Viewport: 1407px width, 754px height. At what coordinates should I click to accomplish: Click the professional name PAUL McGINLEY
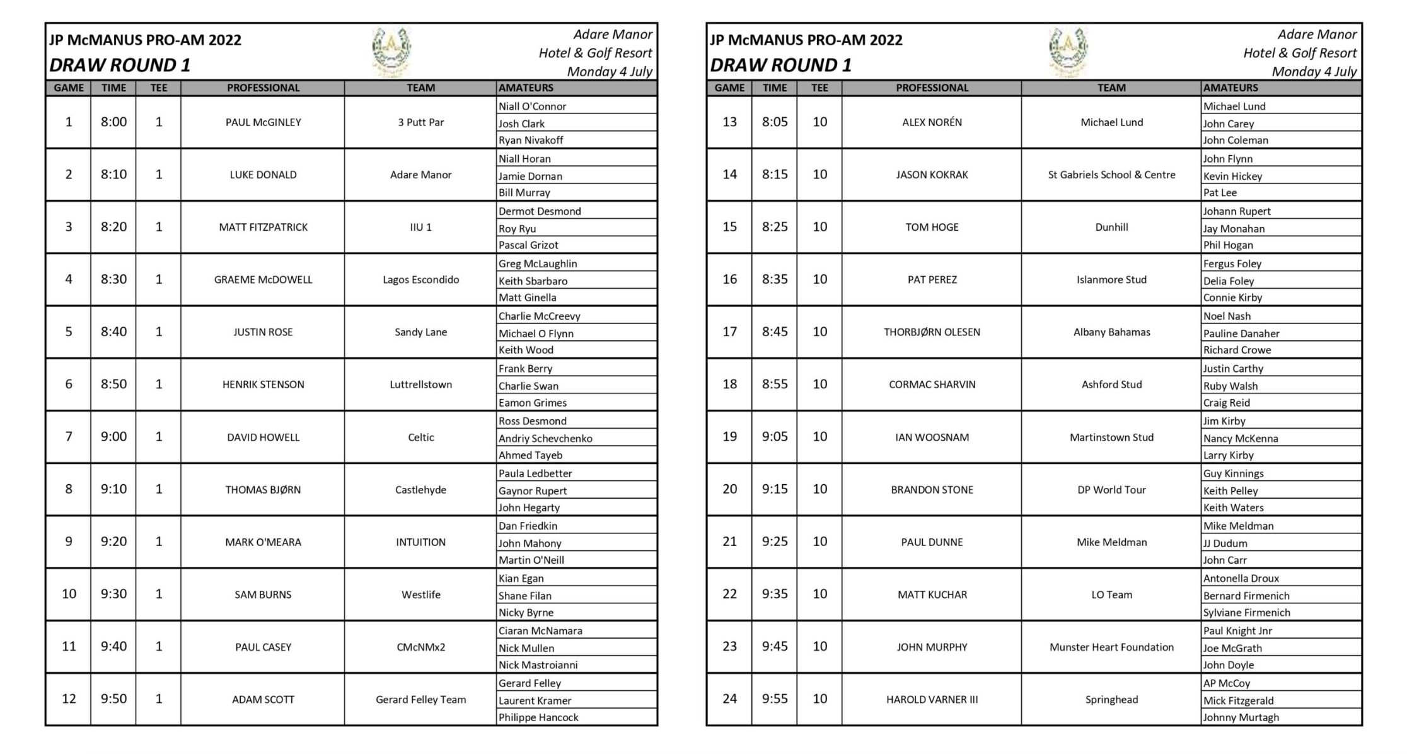(x=263, y=122)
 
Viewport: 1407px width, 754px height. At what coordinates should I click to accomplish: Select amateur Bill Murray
(x=524, y=193)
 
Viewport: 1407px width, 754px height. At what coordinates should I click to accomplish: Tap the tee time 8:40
(x=113, y=332)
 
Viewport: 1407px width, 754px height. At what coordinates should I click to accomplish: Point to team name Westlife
(x=420, y=594)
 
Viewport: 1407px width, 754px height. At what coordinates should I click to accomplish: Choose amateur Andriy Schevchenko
(x=545, y=438)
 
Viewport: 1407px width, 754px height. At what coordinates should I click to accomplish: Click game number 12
(x=69, y=699)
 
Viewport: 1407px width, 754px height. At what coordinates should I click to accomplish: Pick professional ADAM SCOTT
(x=263, y=699)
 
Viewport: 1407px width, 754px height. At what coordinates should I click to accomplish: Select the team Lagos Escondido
(x=420, y=280)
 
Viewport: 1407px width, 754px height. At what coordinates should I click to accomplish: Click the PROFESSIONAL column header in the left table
(x=263, y=88)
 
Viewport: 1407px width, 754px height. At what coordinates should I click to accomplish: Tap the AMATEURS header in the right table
(x=1230, y=88)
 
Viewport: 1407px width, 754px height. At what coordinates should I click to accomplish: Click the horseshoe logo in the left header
(x=391, y=50)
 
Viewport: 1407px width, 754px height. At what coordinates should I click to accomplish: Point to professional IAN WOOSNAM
(x=932, y=438)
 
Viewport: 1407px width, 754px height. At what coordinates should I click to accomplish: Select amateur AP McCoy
(x=1226, y=683)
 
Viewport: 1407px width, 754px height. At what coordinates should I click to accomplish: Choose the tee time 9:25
(x=774, y=542)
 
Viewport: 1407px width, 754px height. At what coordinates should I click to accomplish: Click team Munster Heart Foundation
(x=1111, y=647)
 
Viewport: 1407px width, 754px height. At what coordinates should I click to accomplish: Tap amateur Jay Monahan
(x=1234, y=228)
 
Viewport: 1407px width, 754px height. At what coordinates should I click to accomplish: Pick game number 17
(x=729, y=332)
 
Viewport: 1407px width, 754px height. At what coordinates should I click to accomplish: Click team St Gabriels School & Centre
(x=1111, y=175)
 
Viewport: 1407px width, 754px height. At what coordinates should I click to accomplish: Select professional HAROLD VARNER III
(x=932, y=699)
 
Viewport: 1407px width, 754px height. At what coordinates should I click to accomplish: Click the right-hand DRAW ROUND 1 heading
(x=780, y=65)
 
